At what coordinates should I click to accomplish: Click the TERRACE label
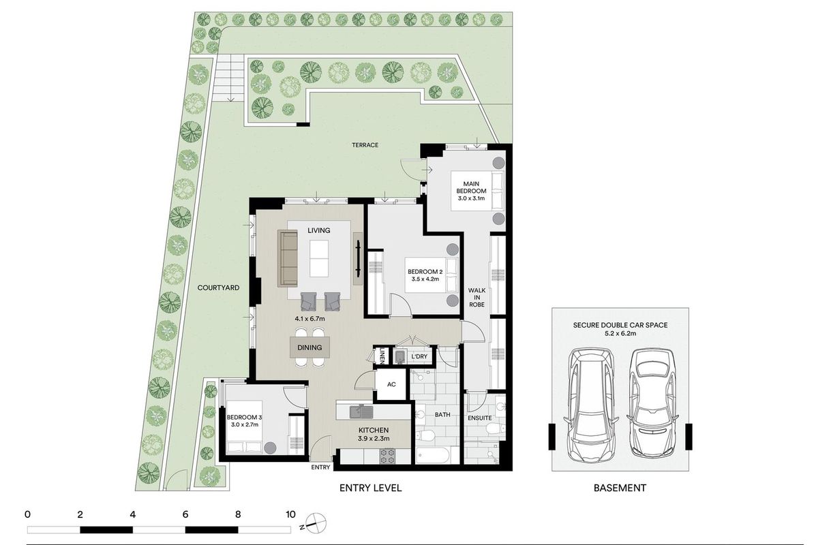click(x=365, y=145)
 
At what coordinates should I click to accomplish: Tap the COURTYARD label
click(x=218, y=287)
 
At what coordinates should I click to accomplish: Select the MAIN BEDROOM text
click(x=471, y=187)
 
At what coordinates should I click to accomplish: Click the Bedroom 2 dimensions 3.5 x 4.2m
click(x=425, y=279)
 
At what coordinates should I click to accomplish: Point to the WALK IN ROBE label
click(x=477, y=297)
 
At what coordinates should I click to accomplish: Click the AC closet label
click(x=391, y=384)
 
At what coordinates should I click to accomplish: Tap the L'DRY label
click(x=419, y=356)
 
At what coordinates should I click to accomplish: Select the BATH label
click(x=442, y=414)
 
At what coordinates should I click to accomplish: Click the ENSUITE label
click(x=480, y=418)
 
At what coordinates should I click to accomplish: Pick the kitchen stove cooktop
click(x=387, y=456)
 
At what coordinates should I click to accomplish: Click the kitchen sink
click(x=361, y=412)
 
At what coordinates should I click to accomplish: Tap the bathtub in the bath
click(x=433, y=455)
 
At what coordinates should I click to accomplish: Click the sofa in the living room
click(x=288, y=258)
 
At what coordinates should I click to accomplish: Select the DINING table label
click(x=309, y=347)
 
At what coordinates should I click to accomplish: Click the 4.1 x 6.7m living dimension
click(x=309, y=318)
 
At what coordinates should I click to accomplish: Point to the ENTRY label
click(x=320, y=467)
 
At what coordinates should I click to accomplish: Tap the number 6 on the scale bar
click(x=185, y=514)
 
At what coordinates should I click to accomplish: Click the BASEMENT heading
click(x=620, y=488)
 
